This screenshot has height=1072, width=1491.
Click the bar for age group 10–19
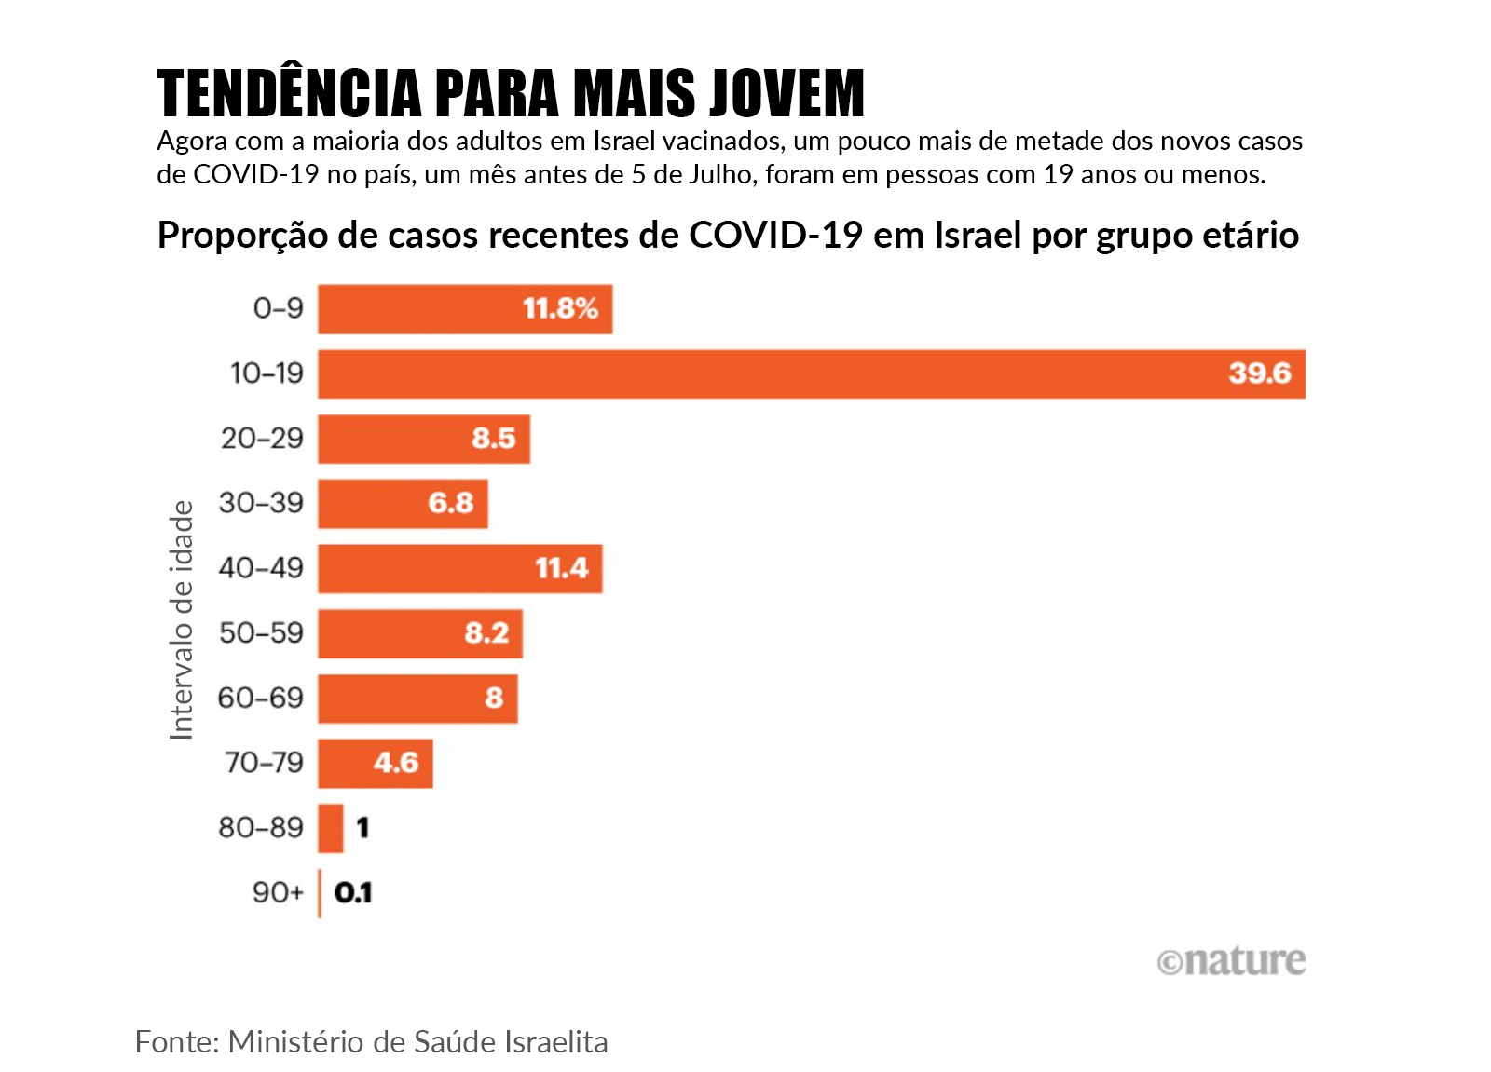[811, 374]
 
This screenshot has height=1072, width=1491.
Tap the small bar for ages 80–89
[331, 828]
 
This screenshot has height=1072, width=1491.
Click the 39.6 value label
[1259, 373]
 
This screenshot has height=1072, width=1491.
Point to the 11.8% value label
[560, 308]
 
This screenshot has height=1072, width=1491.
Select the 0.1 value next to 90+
[353, 893]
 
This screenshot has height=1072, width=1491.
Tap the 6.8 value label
[451, 504]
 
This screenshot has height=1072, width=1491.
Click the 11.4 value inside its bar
[561, 568]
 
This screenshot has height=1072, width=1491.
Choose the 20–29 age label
[262, 439]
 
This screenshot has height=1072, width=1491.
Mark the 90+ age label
[278, 893]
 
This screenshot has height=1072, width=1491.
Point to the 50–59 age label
[261, 633]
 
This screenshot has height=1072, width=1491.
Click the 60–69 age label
[261, 699]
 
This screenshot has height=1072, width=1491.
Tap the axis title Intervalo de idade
[182, 620]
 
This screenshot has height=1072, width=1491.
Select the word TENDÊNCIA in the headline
[289, 94]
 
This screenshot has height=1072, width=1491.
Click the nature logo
[1231, 961]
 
